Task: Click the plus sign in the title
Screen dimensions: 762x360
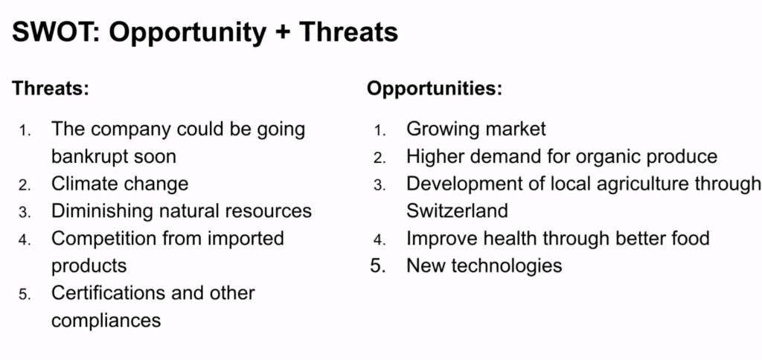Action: (282, 33)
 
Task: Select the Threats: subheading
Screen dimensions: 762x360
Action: (51, 89)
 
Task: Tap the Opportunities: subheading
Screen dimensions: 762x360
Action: (435, 89)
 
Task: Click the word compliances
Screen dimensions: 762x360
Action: (106, 321)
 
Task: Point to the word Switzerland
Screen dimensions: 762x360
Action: (458, 210)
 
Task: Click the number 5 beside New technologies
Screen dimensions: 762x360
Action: (377, 266)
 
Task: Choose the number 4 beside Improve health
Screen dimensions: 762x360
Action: (380, 240)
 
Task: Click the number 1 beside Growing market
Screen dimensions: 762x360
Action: (380, 130)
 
